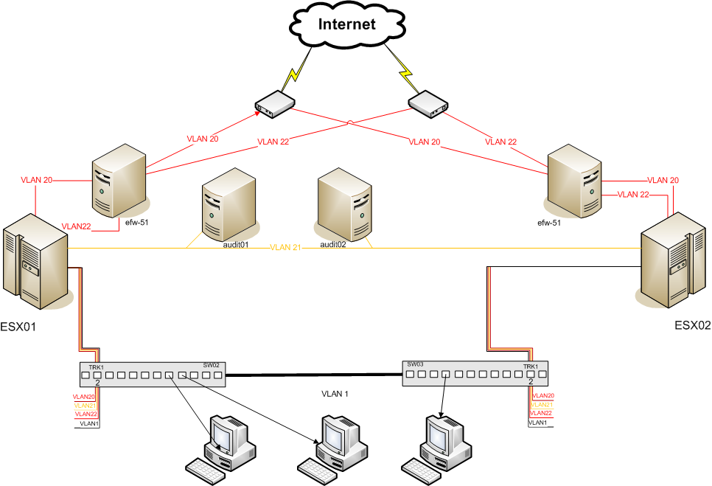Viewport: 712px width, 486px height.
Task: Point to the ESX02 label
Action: click(x=692, y=324)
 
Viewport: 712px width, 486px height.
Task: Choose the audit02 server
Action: click(x=344, y=204)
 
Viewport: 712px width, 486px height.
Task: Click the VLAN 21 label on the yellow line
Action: click(x=285, y=247)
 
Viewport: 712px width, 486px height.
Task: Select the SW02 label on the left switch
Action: click(x=212, y=366)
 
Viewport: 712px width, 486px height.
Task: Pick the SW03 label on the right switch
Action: click(x=415, y=364)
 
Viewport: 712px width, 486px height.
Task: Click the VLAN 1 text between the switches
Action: click(x=335, y=394)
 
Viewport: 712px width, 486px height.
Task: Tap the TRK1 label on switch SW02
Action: click(x=96, y=367)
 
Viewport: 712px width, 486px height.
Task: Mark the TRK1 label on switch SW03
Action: click(x=531, y=367)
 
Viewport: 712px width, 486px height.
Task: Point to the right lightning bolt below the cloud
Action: click(x=405, y=70)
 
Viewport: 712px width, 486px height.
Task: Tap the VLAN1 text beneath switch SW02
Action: click(x=88, y=423)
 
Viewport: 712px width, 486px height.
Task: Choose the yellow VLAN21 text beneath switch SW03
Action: click(x=542, y=405)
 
